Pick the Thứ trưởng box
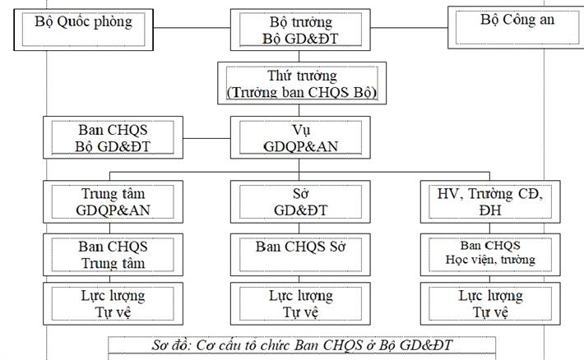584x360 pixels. click(x=302, y=83)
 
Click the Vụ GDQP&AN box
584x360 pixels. click(x=302, y=137)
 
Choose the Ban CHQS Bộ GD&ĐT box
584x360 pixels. click(x=114, y=137)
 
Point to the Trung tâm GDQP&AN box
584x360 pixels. click(x=114, y=201)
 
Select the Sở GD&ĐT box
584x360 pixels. click(x=302, y=201)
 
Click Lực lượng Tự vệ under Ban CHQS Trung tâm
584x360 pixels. click(x=114, y=303)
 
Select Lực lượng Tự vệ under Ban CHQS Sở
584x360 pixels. click(x=302, y=303)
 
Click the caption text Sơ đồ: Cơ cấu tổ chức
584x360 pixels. click(x=302, y=344)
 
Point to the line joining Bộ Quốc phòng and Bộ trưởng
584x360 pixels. click(x=197, y=30)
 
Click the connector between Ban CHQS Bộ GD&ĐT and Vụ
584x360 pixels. click(x=206, y=137)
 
